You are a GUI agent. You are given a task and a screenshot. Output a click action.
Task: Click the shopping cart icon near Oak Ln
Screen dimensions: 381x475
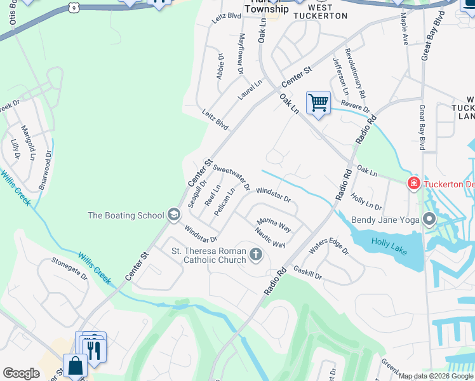click(318, 102)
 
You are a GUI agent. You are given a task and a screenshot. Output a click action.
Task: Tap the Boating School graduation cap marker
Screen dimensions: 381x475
click(173, 215)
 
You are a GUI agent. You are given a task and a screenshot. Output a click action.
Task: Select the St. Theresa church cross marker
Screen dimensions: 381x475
click(256, 255)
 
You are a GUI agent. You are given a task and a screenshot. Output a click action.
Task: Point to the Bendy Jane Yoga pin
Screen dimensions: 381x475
click(429, 220)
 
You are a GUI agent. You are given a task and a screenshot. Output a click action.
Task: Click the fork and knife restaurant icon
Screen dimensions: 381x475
click(95, 350)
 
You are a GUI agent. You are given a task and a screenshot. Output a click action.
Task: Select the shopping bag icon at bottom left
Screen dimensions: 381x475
click(75, 366)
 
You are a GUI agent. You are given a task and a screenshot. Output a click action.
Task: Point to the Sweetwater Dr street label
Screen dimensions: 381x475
click(230, 175)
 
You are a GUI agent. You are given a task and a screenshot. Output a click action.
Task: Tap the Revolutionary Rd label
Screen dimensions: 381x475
click(355, 73)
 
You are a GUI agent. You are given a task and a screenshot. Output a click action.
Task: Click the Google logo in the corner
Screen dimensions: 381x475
click(22, 373)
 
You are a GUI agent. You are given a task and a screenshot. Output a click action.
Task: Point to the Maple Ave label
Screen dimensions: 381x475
click(405, 31)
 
